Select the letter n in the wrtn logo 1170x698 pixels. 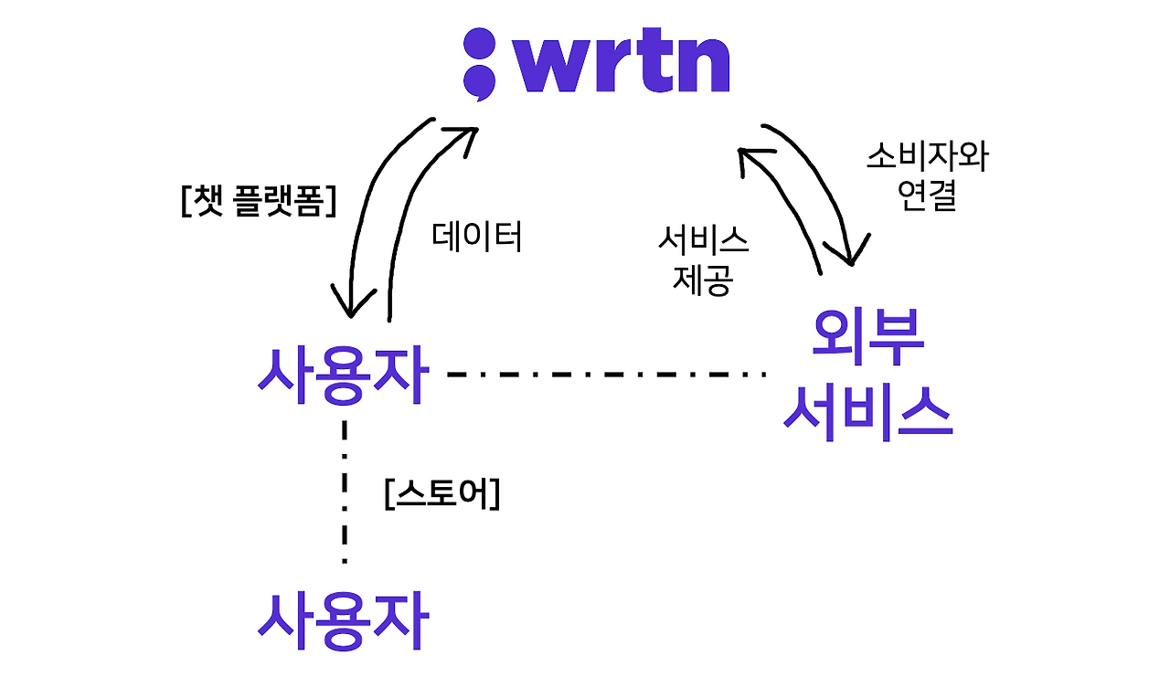tap(701, 65)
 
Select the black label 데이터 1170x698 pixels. tap(476, 237)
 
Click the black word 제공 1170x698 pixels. tap(702, 280)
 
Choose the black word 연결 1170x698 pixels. tap(927, 196)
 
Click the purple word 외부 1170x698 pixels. tap(867, 338)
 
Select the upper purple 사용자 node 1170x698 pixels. tap(342, 375)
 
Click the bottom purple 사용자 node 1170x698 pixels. tap(342, 620)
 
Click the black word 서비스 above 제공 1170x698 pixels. tap(702, 241)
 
